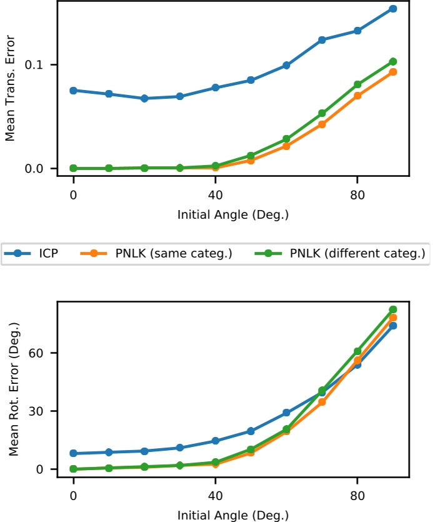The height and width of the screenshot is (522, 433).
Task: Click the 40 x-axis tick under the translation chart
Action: pos(215,193)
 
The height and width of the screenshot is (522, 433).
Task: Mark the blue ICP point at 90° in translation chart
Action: pos(393,9)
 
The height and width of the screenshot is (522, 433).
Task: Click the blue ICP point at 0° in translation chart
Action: pos(74,91)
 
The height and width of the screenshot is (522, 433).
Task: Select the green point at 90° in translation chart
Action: pos(393,61)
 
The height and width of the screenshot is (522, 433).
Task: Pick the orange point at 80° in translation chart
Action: pos(357,96)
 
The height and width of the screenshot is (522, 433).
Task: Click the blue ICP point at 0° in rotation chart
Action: pos(74,453)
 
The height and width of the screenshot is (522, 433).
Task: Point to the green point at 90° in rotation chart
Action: pos(393,309)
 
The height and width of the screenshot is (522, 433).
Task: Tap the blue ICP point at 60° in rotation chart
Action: pos(286,413)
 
